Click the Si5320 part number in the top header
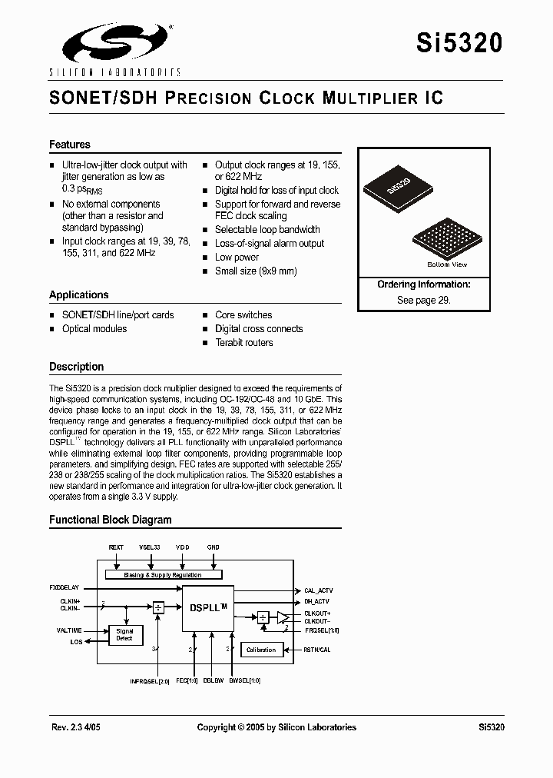coord(460,43)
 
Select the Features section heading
coord(70,145)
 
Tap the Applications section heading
coord(79,294)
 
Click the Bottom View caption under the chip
coord(447,264)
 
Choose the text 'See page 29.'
coord(423,301)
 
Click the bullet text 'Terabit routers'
coord(243,342)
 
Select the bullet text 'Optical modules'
coord(94,328)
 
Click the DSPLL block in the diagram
coord(207,607)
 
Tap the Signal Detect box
coord(124,635)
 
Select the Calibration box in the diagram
coord(261,650)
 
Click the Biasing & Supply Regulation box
coord(163,574)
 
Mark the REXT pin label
coord(116,547)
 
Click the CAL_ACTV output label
coord(319,590)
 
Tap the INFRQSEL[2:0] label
coord(148,680)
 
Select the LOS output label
coord(76,641)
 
